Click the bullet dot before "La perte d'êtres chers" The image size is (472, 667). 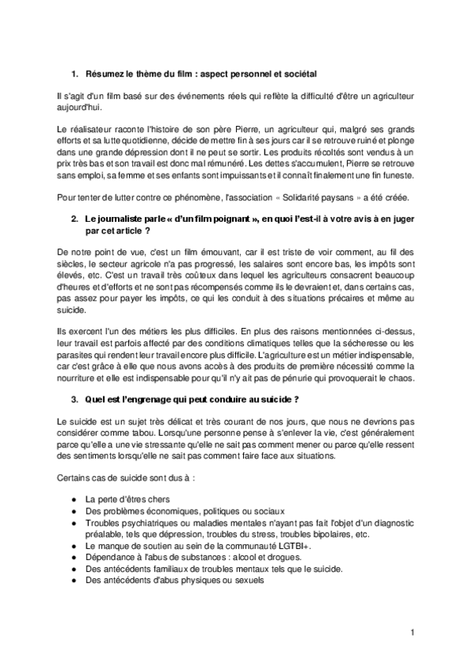click(x=73, y=499)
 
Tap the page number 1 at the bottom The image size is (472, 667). click(x=413, y=632)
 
